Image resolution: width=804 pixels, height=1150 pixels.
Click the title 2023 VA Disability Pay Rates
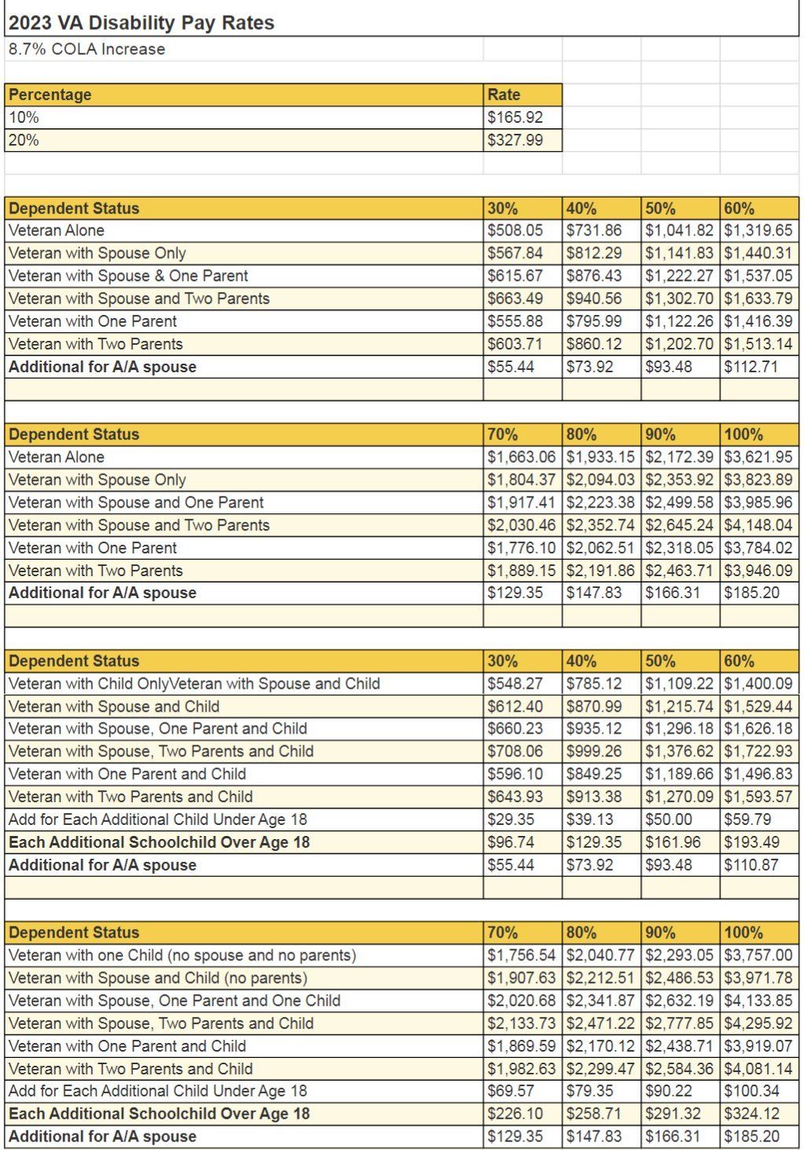142,23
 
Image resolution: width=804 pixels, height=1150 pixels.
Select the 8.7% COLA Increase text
87,50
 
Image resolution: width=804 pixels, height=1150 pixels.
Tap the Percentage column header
50,94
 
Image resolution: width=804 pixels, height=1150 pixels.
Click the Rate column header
503,94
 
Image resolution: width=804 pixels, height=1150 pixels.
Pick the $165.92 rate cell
515,117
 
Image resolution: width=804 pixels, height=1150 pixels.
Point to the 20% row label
24,140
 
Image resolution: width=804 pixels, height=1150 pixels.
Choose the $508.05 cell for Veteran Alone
515,231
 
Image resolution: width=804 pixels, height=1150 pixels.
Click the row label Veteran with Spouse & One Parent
128,275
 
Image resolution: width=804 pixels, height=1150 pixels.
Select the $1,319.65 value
758,231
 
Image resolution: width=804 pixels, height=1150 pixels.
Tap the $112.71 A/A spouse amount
751,367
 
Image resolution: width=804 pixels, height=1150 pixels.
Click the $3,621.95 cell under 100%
758,457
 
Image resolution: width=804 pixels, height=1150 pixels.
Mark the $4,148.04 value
758,525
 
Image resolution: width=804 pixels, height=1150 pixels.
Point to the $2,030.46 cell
522,525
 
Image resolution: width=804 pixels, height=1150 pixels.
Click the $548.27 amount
515,684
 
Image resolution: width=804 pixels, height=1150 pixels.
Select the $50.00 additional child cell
669,819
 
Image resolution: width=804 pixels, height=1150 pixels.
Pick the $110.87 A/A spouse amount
751,865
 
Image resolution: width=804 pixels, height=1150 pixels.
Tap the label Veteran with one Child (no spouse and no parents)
183,956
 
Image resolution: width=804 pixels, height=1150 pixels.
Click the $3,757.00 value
758,956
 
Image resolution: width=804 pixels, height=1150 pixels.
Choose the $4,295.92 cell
758,1023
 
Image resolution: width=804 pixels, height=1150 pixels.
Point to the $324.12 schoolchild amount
751,1114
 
